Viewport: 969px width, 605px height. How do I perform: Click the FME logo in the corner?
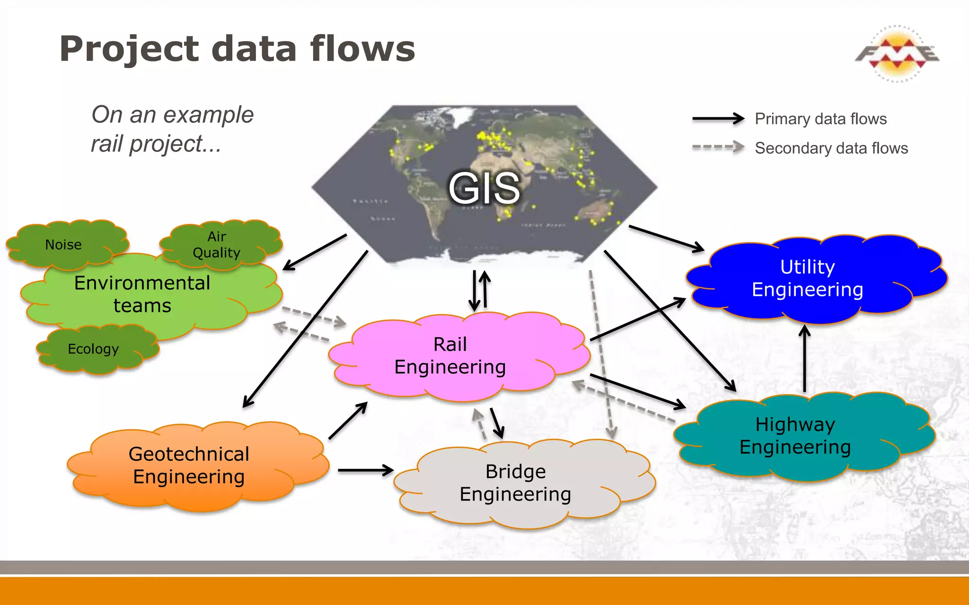(897, 53)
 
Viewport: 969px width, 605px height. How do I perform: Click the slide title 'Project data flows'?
(237, 49)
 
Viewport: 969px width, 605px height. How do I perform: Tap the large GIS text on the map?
(484, 189)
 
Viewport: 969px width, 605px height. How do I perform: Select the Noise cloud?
(63, 244)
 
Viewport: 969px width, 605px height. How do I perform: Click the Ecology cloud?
(94, 349)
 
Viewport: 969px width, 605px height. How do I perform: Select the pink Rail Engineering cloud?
(450, 355)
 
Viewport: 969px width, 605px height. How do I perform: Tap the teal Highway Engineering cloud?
(795, 436)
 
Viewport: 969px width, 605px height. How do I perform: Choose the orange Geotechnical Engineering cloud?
(189, 465)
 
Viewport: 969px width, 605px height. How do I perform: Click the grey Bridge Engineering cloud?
(515, 483)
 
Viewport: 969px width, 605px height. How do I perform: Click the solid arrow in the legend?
(718, 119)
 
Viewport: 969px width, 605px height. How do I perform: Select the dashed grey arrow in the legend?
(718, 147)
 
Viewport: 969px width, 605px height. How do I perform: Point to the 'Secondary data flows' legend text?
(831, 148)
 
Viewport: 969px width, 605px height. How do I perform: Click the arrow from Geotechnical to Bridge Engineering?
(366, 470)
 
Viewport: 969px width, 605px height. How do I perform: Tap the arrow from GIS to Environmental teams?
(315, 252)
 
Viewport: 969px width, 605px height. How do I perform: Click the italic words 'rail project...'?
(156, 144)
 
